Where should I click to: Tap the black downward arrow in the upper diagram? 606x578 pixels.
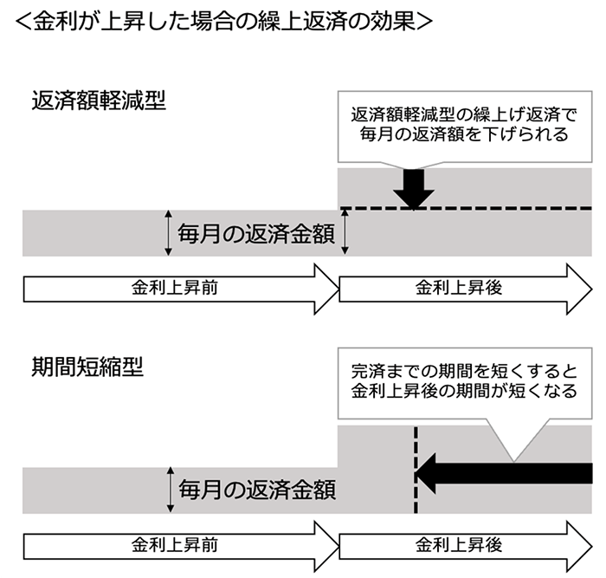pos(413,185)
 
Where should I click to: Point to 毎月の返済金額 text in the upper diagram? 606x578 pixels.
pos(256,234)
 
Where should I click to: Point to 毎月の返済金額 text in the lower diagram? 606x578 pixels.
pos(256,490)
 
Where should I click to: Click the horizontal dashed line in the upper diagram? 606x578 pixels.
pos(519,209)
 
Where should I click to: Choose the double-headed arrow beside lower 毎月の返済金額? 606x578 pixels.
pos(168,490)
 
